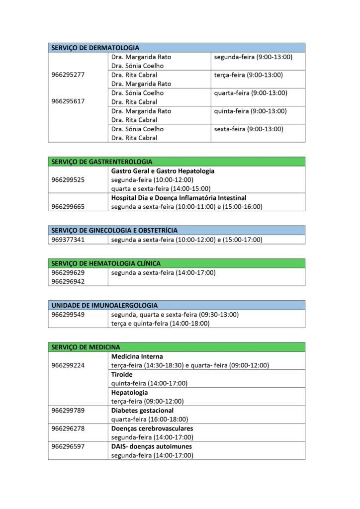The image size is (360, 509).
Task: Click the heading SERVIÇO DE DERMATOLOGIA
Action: pos(95,48)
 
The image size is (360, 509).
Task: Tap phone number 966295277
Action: pos(68,75)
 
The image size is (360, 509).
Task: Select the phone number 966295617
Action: pos(68,101)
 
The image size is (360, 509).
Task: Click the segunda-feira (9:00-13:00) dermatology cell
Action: pos(253,57)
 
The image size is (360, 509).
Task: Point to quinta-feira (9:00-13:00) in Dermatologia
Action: pos(251,111)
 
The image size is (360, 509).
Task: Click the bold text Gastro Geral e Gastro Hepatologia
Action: pos(163,171)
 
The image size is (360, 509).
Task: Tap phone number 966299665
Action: pos(68,207)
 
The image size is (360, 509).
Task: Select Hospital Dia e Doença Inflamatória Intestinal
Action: pos(179,198)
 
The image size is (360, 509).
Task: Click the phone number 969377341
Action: pos(68,240)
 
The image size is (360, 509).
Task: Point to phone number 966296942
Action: pos(68,282)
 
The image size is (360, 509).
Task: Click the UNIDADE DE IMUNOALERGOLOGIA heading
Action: pos(104,305)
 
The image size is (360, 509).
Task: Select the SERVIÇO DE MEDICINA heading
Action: pos(85,347)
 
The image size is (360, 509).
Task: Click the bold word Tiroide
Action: pos(122,375)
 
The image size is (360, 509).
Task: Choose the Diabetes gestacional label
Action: pos(142,411)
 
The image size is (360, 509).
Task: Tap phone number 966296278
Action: pos(68,428)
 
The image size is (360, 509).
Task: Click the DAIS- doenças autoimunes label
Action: pos(152,446)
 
